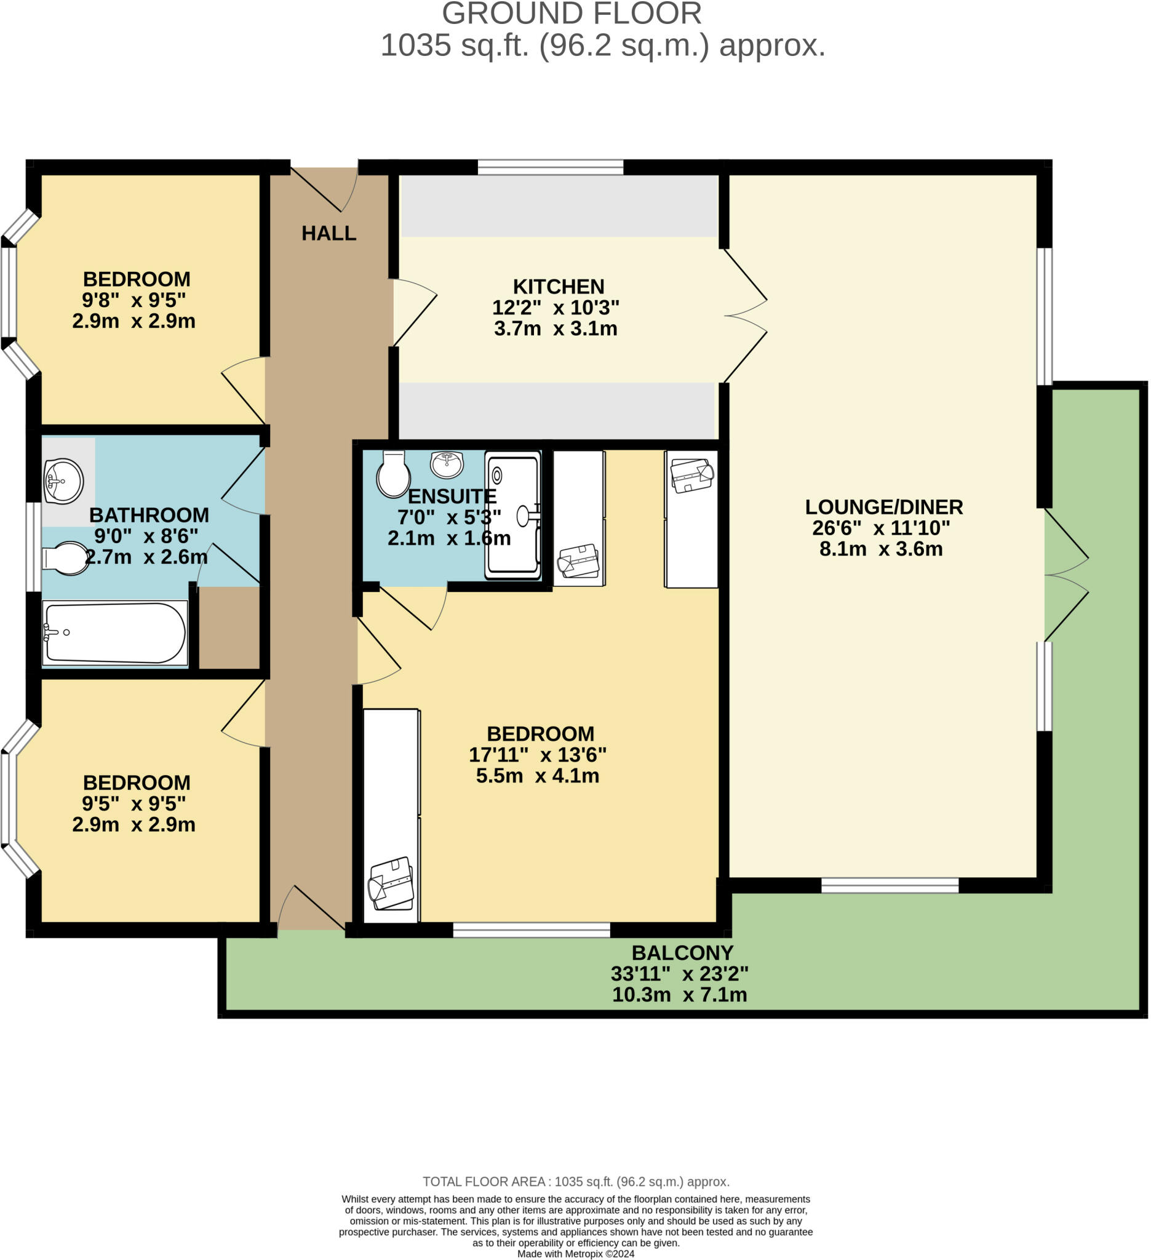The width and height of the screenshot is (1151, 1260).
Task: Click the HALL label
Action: (329, 233)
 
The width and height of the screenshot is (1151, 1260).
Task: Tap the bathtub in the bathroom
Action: (115, 632)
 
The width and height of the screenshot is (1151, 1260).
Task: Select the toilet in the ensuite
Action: (392, 474)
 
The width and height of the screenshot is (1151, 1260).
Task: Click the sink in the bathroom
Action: (63, 480)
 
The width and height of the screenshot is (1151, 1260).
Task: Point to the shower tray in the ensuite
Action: (513, 514)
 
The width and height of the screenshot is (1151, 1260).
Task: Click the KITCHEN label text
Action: (558, 286)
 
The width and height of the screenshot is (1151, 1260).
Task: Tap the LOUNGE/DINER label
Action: (883, 507)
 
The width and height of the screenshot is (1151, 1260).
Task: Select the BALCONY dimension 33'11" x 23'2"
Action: (679, 973)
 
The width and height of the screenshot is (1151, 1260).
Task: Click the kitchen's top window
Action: (551, 167)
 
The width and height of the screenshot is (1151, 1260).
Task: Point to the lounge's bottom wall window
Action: (889, 885)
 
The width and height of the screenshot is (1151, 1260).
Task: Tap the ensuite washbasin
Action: (447, 464)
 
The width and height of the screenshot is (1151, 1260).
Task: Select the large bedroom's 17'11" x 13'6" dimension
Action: (538, 754)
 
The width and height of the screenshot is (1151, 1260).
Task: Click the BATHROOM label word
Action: (149, 515)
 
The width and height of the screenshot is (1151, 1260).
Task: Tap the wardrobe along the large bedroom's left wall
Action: (391, 815)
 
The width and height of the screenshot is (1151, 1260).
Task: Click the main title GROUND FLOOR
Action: (571, 14)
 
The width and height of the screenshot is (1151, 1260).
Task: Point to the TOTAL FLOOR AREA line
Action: (576, 1181)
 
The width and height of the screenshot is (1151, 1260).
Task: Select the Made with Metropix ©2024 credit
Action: (576, 1253)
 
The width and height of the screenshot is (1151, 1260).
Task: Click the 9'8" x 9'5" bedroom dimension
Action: (133, 300)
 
